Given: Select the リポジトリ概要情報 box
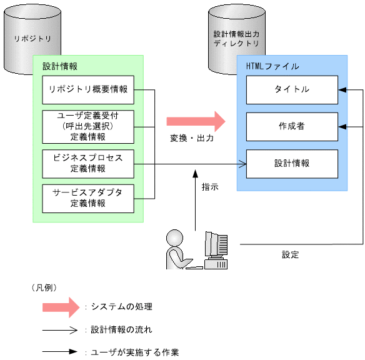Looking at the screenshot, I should (x=88, y=89).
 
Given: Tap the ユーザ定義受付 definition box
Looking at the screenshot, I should (x=88, y=126).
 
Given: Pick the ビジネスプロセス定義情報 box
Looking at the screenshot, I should (x=88, y=162).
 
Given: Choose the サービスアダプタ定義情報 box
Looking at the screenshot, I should (x=88, y=197).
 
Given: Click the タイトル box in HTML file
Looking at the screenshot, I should (x=292, y=89).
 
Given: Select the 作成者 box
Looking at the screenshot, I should (x=292, y=126).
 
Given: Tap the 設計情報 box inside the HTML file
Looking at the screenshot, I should (x=292, y=163).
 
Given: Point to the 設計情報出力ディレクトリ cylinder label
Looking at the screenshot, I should (x=236, y=39).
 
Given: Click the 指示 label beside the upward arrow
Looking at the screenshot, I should (x=210, y=186).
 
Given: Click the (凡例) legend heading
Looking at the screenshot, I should (x=44, y=287).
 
